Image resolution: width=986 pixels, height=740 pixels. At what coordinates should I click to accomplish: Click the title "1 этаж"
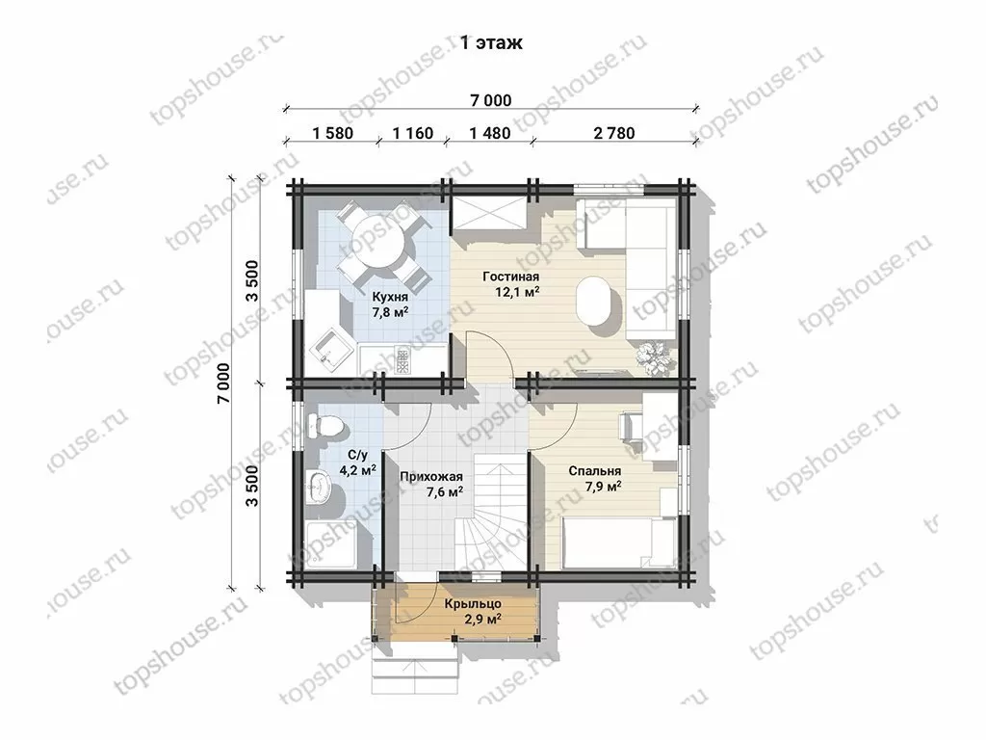(x=491, y=42)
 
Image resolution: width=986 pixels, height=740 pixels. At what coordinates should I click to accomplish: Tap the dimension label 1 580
(x=332, y=133)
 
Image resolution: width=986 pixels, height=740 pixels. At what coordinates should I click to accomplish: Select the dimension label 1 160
(x=412, y=133)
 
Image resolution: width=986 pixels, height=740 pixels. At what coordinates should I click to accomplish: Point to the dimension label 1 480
(x=490, y=133)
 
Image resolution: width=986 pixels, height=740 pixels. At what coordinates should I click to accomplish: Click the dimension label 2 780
(x=613, y=133)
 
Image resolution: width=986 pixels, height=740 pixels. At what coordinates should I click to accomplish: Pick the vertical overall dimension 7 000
(x=223, y=383)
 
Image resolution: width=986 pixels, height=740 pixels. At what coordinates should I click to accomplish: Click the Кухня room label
(x=390, y=297)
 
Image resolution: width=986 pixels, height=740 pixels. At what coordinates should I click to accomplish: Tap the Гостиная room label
(x=510, y=277)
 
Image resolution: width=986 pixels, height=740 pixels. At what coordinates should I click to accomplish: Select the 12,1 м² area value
(x=518, y=292)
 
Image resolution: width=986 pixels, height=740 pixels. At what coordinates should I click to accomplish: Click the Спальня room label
(x=595, y=471)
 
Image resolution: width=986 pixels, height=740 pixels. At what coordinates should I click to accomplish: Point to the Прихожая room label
(x=431, y=476)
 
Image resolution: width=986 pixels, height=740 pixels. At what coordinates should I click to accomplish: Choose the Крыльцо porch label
(x=473, y=604)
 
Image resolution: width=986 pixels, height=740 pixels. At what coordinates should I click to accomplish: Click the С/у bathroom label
(x=358, y=455)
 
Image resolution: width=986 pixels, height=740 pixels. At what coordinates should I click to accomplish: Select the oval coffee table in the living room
(x=597, y=302)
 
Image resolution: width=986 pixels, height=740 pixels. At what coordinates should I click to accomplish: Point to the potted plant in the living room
(x=655, y=357)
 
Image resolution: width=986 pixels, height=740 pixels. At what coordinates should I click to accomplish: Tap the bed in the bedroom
(x=619, y=542)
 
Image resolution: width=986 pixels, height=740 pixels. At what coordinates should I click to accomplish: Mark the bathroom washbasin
(x=320, y=487)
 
